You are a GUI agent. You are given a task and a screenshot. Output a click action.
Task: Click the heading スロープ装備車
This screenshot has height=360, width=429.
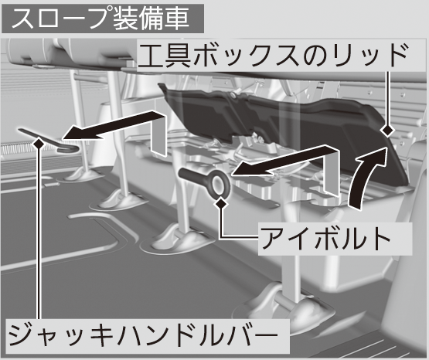(100, 19)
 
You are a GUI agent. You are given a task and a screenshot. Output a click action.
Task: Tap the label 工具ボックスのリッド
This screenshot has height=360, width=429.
(273, 56)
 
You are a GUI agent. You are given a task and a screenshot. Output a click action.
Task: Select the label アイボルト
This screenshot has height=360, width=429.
(326, 239)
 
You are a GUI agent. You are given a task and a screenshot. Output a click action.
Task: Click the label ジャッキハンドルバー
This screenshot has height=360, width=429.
(143, 335)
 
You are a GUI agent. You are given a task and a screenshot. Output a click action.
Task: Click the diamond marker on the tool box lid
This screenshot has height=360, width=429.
(387, 131)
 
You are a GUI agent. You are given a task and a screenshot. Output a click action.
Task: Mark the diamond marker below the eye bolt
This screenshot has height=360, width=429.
(221, 203)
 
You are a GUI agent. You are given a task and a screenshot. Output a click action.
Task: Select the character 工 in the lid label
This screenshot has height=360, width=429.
(152, 56)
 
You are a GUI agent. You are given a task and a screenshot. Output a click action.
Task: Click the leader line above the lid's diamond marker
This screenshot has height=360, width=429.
(388, 97)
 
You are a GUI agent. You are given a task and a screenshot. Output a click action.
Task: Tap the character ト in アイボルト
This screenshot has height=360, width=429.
(381, 239)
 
